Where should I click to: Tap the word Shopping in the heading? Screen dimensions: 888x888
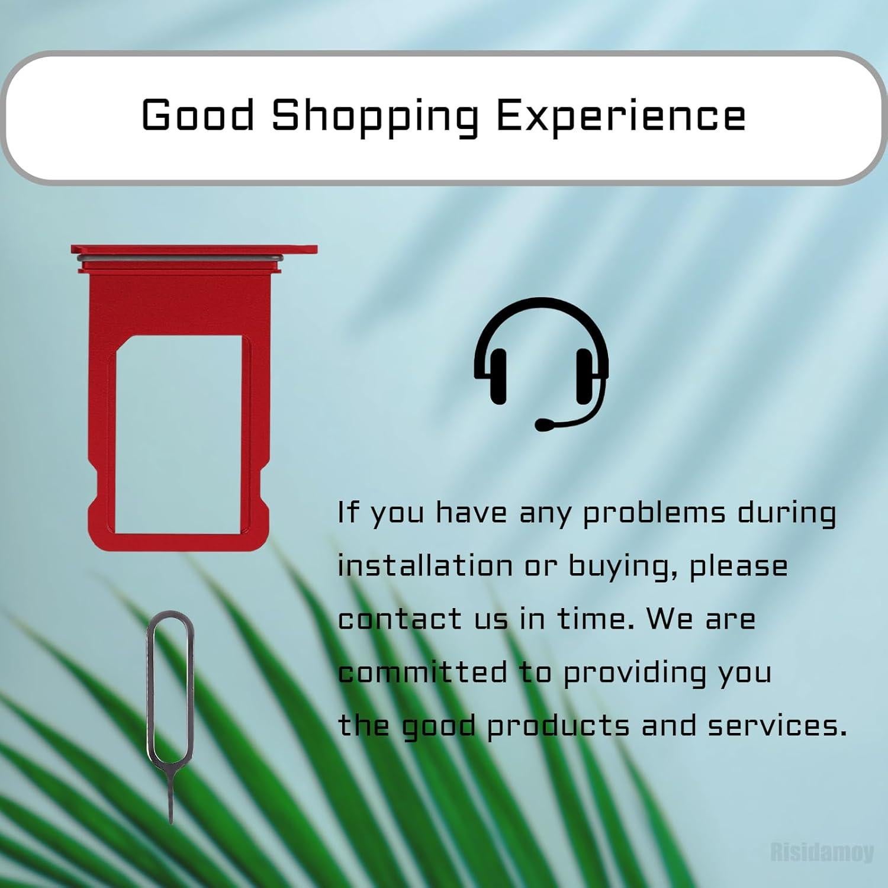click(x=375, y=117)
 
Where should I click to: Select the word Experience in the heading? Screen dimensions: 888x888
click(x=620, y=117)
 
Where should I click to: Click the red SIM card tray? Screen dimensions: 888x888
click(x=194, y=397)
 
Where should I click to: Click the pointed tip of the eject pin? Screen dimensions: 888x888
click(x=171, y=823)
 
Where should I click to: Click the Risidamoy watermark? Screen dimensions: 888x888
click(x=822, y=852)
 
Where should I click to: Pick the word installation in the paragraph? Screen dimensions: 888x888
click(x=425, y=565)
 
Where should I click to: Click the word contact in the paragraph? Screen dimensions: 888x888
click(x=400, y=619)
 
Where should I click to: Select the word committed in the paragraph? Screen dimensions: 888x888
click(x=423, y=672)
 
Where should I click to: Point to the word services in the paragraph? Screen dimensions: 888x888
click(x=778, y=726)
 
